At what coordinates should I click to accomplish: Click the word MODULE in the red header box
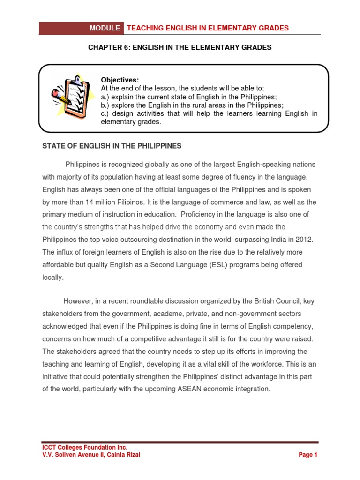(105, 28)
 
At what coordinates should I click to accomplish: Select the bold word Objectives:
(120, 80)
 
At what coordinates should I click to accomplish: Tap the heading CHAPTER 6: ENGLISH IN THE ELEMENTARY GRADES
(180, 48)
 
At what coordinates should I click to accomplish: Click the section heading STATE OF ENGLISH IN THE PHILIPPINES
(112, 146)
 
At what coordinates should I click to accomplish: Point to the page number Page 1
(308, 455)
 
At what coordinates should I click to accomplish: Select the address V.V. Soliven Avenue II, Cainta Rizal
(91, 455)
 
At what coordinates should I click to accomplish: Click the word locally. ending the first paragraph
(52, 277)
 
